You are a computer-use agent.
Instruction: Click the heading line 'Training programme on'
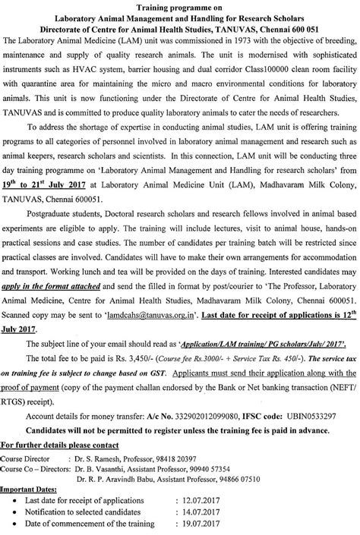click(x=180, y=5)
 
